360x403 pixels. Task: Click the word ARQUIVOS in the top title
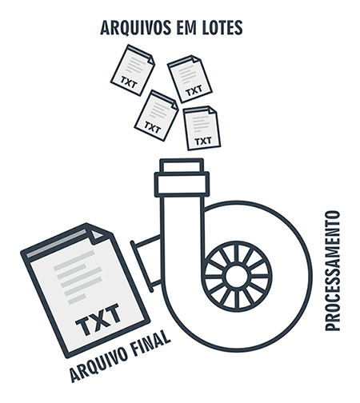tap(135, 27)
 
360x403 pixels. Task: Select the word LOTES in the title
tap(222, 27)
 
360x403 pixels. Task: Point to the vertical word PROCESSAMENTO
tap(333, 271)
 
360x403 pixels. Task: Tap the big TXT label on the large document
tap(98, 319)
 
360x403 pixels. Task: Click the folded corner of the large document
tap(97, 234)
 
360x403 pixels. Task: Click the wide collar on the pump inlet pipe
tap(182, 184)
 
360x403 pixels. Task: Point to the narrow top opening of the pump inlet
tap(182, 166)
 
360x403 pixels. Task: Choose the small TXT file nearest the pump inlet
tap(202, 128)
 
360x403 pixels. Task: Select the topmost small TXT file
tap(133, 70)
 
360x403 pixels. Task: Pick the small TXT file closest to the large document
tap(157, 115)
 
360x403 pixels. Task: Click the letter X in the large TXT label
tap(98, 319)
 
